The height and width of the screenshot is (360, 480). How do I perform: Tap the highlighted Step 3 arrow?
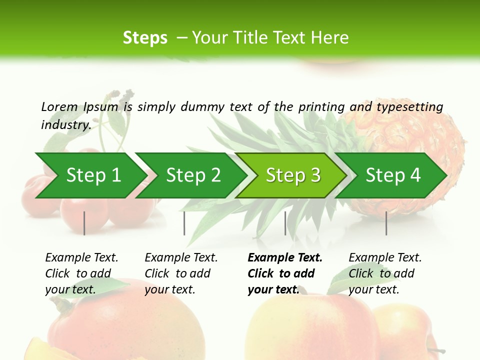point(293,175)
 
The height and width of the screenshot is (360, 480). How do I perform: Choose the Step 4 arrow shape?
point(393,175)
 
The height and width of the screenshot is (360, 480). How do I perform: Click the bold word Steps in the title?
point(145,38)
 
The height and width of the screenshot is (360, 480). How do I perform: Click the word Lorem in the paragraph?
point(59,106)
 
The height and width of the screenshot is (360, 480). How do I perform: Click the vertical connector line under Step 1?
point(84,223)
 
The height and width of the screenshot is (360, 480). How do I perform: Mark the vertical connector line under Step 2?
point(184,223)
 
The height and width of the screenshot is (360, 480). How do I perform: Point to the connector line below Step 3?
point(285,223)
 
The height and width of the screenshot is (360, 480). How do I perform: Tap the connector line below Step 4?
point(386,223)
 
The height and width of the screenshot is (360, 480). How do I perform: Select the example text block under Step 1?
point(81,273)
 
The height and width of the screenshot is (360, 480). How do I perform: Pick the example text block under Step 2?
point(181,273)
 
